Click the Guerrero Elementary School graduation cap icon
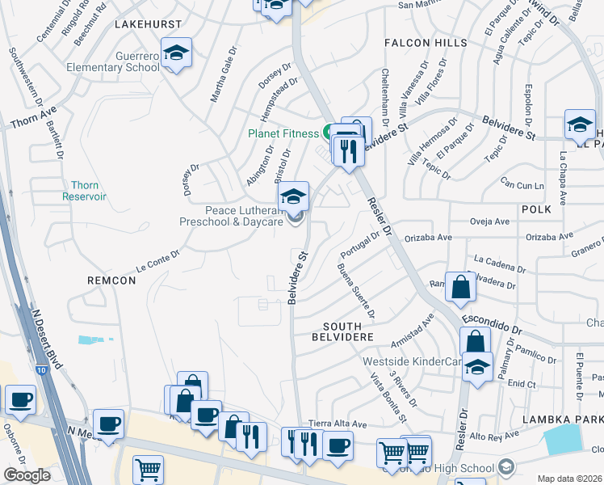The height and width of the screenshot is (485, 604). (176, 53)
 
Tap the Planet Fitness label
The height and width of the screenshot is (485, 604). (284, 133)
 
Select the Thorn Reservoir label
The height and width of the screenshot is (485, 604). (85, 190)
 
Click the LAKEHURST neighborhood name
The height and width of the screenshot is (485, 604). (148, 25)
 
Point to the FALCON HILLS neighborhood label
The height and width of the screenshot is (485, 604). (426, 42)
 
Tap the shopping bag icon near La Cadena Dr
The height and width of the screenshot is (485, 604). (459, 287)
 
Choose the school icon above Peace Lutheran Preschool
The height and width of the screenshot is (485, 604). (293, 196)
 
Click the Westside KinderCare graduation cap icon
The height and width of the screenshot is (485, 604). (478, 368)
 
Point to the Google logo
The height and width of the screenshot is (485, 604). (27, 474)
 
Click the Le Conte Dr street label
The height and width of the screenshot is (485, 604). (157, 259)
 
